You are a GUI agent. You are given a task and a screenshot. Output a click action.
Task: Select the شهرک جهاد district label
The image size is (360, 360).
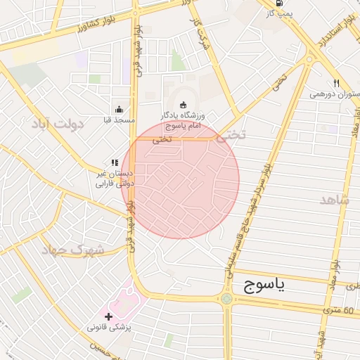click(x=72, y=250)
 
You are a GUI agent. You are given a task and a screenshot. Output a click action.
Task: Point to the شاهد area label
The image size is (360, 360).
click(x=334, y=200)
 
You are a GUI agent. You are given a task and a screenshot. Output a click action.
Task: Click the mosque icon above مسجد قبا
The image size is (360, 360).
click(x=119, y=110)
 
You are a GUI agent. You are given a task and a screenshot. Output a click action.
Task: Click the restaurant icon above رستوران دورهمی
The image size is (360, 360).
click(x=336, y=82)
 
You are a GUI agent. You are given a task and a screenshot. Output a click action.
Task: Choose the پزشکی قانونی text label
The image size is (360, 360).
click(x=108, y=328)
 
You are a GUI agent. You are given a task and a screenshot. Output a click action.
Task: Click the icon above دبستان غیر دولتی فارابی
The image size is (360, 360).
click(x=115, y=162)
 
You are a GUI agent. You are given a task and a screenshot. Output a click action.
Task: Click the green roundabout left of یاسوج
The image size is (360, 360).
click(x=226, y=299)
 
